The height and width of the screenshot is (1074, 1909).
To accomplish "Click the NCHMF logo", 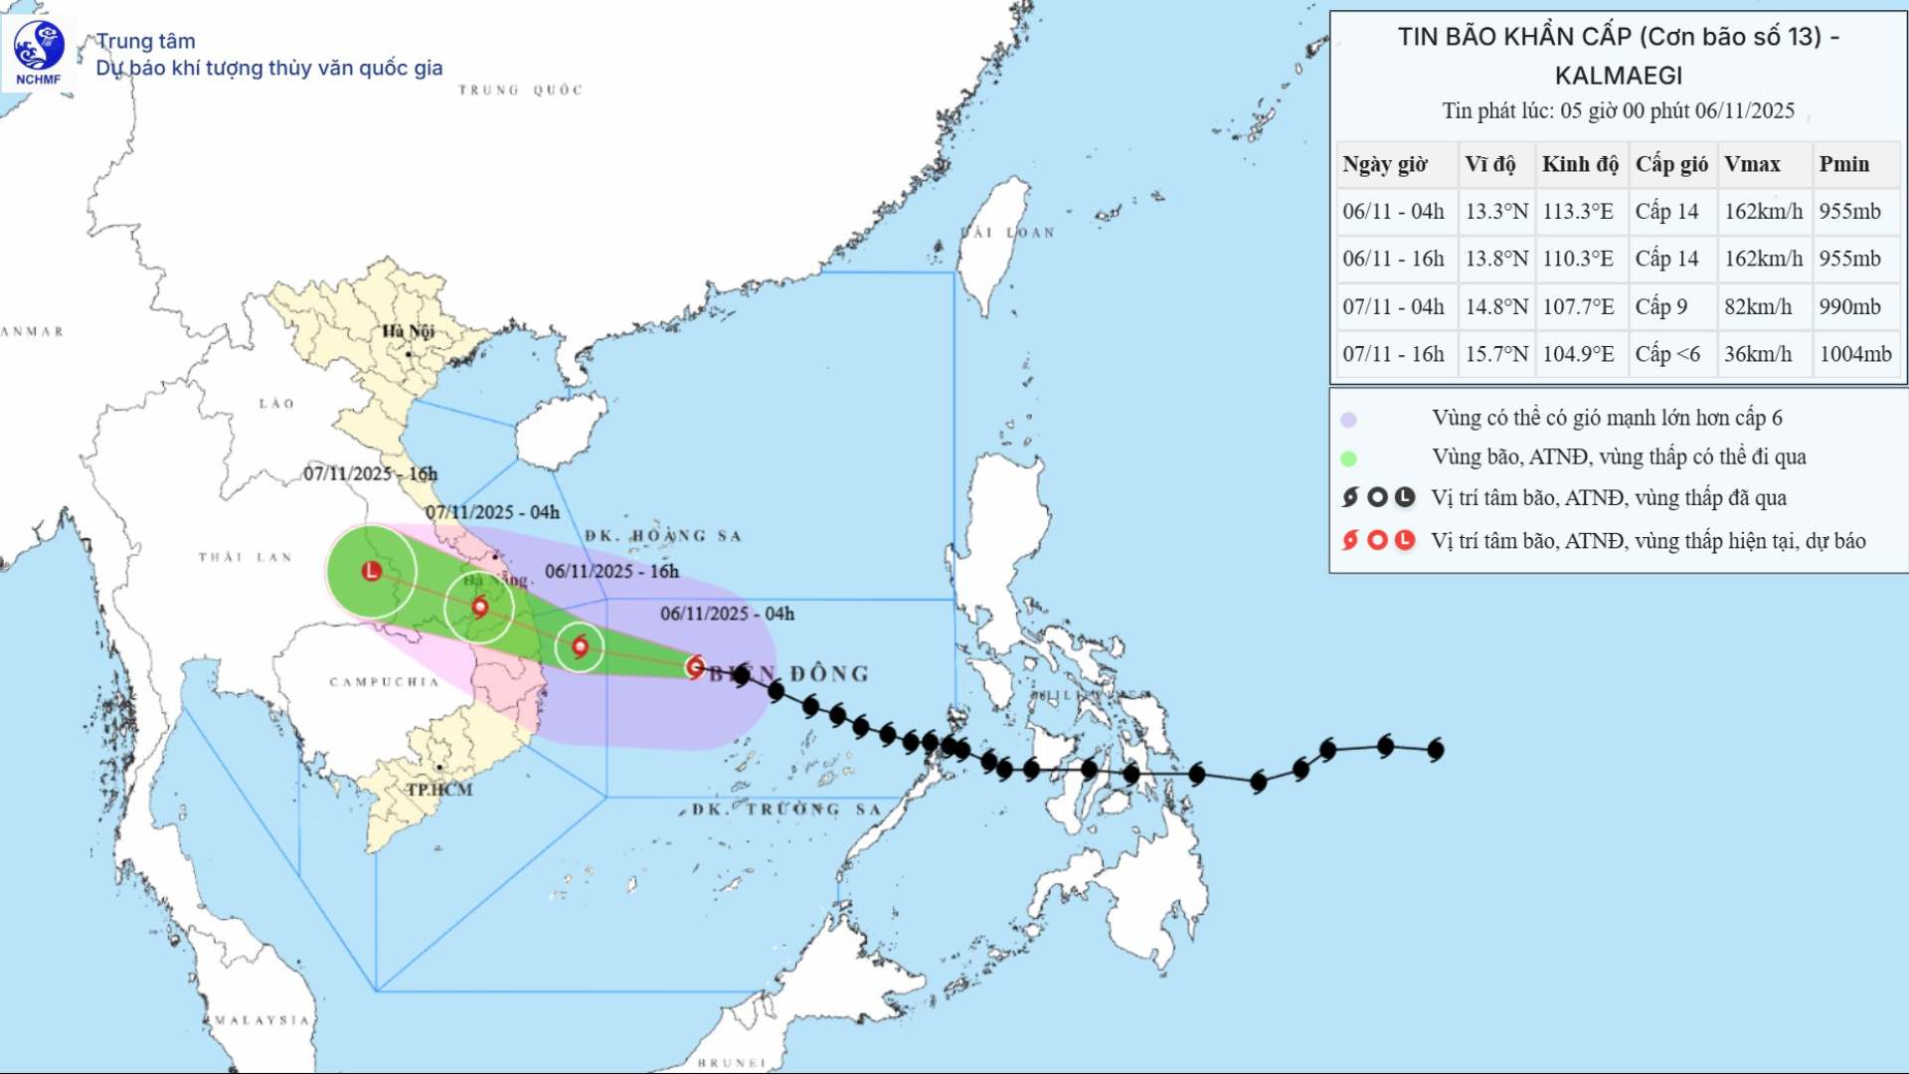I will pos(39,53).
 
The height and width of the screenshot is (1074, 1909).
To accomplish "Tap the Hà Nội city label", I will pos(408,331).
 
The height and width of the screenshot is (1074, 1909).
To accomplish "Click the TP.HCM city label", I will pos(439,790).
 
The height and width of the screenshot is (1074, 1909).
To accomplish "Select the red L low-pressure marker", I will pos(372,571).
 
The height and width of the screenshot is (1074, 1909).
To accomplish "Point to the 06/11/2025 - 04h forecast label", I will pos(727,614).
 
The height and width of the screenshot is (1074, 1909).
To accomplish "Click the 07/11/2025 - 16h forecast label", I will pos(370,473).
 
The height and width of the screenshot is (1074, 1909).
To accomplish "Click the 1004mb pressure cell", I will pos(1855,354).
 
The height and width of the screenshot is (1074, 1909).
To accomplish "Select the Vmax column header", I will pos(1752,164).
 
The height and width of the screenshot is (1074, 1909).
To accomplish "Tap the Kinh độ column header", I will pos(1580,164).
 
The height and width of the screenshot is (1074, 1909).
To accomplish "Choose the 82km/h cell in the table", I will pos(1758,306).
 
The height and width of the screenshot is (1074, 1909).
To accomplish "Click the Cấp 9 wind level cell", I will pos(1660,306).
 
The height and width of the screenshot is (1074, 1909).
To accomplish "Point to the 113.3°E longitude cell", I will pos(1578,212).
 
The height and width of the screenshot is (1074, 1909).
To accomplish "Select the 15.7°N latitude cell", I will pos(1496,354).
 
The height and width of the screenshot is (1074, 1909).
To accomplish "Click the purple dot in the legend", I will pos(1348,420).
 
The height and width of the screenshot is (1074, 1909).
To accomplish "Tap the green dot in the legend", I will pos(1348,458).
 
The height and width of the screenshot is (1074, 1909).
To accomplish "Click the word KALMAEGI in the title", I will pos(1619,76).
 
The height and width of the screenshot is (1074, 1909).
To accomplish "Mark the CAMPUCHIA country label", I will pos(384,682).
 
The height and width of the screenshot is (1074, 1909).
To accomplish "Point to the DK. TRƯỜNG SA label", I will pos(786,809).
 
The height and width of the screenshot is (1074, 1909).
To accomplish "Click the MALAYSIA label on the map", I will pos(262,1020).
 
